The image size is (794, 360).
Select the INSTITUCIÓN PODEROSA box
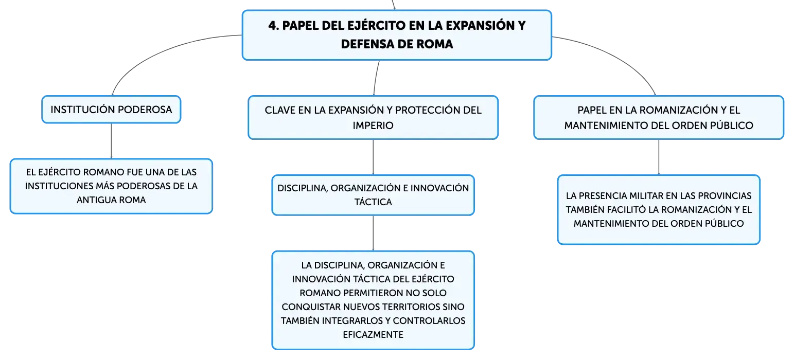111,110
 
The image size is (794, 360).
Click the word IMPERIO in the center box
373,125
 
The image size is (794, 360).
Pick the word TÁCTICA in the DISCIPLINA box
373,202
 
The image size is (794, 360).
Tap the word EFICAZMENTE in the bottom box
373,334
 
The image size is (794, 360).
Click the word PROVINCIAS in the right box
725,196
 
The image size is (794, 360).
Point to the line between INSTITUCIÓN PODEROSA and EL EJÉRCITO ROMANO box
111,141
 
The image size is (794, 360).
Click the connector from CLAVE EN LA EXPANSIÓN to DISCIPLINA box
373,157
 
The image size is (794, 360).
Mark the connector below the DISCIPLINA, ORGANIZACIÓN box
373,233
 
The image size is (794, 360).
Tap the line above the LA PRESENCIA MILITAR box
659,157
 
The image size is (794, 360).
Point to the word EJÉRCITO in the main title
377,26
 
